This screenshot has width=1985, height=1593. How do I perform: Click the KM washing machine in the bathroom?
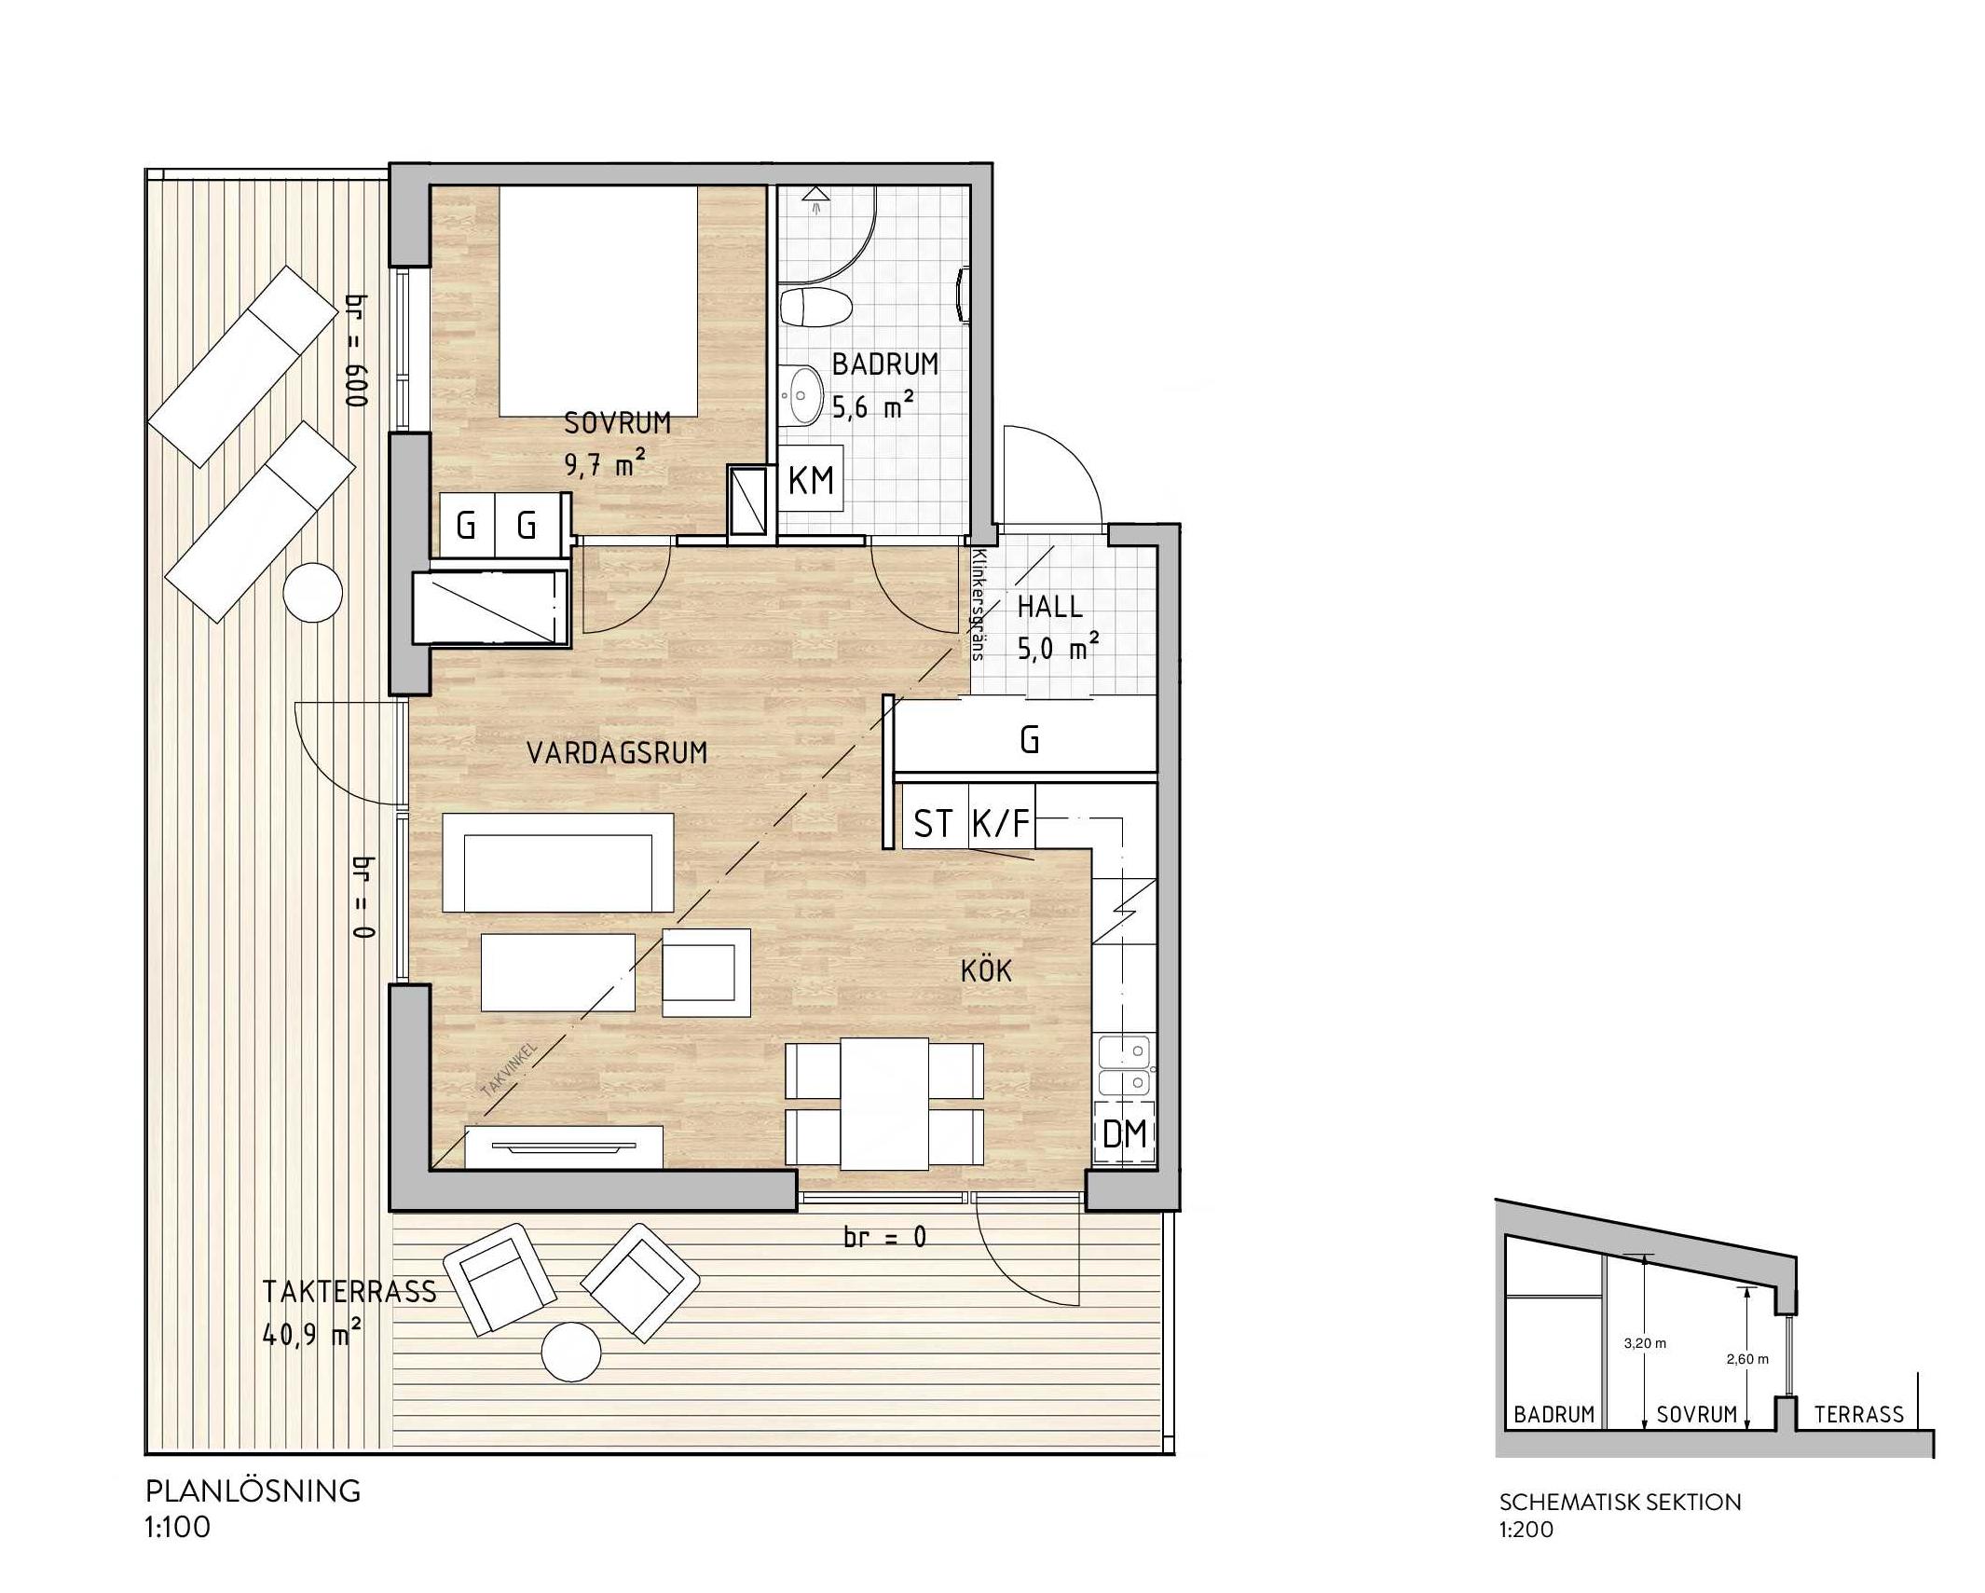click(x=811, y=479)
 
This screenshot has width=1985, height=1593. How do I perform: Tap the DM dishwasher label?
click(x=1124, y=1133)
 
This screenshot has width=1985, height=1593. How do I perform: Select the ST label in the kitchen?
click(x=934, y=823)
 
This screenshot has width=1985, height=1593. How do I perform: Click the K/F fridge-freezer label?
click(x=1002, y=823)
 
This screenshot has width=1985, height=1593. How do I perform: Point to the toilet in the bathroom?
click(x=815, y=307)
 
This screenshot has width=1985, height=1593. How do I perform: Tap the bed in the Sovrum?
click(x=598, y=300)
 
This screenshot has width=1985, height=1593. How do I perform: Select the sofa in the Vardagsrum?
click(x=557, y=862)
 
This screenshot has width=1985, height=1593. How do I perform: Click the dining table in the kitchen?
click(x=884, y=1104)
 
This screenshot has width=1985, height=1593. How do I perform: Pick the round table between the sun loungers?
click(x=313, y=593)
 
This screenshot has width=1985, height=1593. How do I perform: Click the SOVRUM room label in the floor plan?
click(x=617, y=423)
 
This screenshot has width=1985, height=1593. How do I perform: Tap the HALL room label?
click(x=1049, y=607)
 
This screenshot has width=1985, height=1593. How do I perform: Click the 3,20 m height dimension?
click(x=1645, y=1343)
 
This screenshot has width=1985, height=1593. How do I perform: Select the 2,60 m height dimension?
click(x=1747, y=1359)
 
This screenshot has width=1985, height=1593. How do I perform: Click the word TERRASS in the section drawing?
click(x=1858, y=1415)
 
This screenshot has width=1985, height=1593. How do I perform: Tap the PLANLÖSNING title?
click(x=253, y=1491)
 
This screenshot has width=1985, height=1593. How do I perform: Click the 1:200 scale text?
click(x=1526, y=1530)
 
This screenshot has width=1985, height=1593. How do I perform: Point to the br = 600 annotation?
click(x=357, y=350)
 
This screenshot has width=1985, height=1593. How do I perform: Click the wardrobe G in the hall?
click(x=1029, y=739)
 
